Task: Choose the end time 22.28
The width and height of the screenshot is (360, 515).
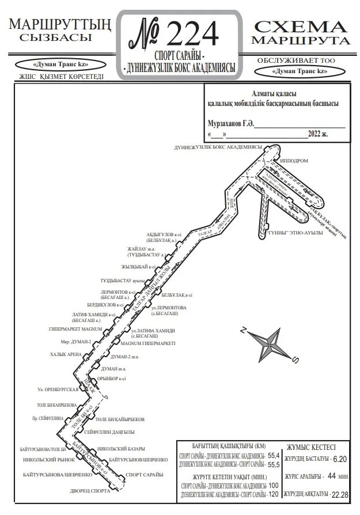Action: [x=340, y=495]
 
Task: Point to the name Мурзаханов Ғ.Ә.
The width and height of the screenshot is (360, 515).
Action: [x=230, y=123]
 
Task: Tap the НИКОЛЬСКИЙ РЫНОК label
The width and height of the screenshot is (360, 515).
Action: [x=50, y=460]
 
